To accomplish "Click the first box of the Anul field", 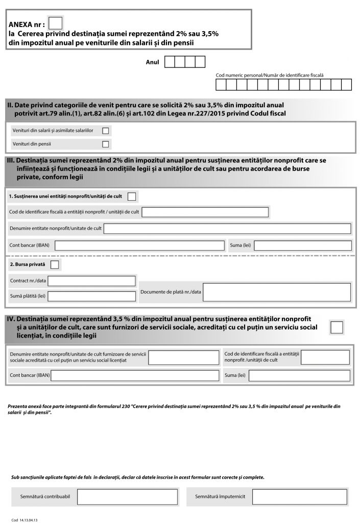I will pos(170,62).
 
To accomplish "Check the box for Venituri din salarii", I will pos(106,131).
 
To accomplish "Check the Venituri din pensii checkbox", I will pos(106,144).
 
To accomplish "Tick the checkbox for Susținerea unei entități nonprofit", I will pos(132,197).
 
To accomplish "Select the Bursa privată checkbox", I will pos(55,264).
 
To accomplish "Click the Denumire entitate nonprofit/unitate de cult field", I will pos(227,228).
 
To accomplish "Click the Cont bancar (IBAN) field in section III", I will pos(139,245).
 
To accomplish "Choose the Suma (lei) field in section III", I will pos(302,245).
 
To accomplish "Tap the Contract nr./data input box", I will pos(92,281).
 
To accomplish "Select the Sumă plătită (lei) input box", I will pos(92,296).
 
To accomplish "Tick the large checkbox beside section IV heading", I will pos(337,327).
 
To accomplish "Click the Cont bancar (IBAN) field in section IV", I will pos(135,376).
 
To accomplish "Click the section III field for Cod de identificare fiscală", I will pos(205,212).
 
